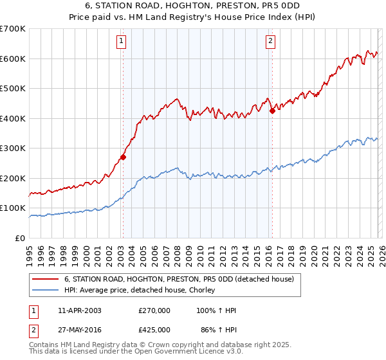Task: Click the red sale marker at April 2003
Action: click(x=123, y=157)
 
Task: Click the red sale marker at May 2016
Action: click(x=272, y=111)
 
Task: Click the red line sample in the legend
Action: click(x=46, y=279)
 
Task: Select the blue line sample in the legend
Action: click(x=46, y=290)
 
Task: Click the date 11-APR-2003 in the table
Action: click(x=79, y=310)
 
